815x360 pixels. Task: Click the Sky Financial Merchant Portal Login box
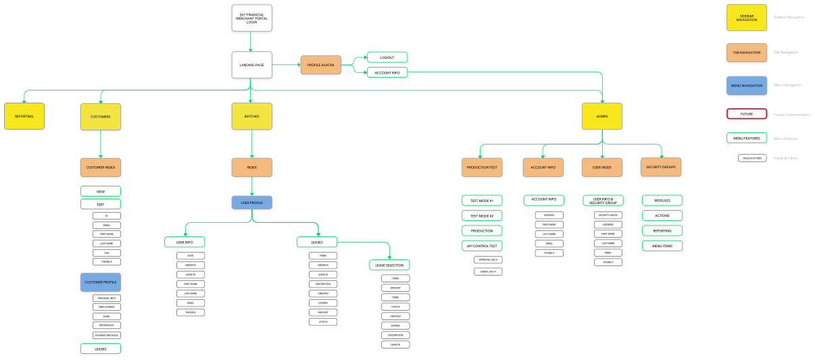tap(251, 18)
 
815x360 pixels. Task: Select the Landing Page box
tap(251, 65)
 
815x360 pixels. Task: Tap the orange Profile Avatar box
tap(320, 65)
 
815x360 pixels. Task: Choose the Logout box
tap(387, 57)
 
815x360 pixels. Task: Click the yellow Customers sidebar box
tap(101, 116)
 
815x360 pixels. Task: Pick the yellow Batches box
tap(251, 116)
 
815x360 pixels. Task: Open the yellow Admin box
tap(601, 116)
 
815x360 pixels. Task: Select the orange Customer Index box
tap(101, 167)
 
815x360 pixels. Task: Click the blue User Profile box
tap(251, 202)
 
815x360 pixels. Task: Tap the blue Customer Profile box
tap(101, 282)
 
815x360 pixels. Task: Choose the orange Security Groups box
tap(661, 167)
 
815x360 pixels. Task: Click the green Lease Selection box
tap(389, 265)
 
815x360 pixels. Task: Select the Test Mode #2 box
tap(482, 215)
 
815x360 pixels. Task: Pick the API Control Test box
tap(482, 246)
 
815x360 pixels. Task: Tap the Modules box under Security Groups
tap(662, 201)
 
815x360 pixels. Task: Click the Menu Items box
tap(662, 246)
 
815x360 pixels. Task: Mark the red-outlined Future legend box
tap(746, 114)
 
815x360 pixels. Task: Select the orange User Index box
tap(601, 167)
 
